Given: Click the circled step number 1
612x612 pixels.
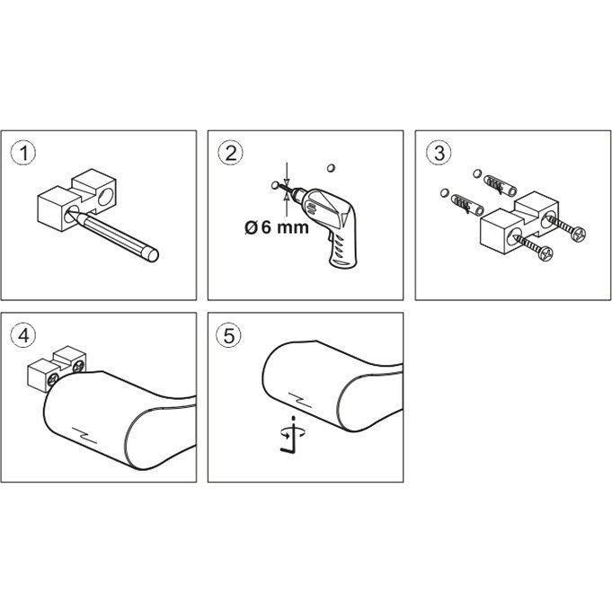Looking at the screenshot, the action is pos(23,153).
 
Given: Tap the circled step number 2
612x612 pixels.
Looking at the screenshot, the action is pos(231,153).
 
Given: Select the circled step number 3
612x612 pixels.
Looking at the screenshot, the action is pos(439,153).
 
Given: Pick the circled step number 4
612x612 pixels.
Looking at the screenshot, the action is pos(23,335).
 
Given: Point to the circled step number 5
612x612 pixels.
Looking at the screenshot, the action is pos(229,335).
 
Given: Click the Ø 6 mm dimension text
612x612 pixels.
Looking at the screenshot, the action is pos(277,227).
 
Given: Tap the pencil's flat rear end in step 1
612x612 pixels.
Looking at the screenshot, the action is pos(152,255).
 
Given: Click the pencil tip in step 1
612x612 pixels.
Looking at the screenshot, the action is pos(70,212).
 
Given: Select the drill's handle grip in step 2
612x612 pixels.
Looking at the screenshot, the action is pos(342,250).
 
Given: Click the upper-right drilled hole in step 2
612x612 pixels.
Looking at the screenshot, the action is pos(331,168).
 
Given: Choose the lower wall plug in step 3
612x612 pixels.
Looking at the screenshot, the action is pos(467,204).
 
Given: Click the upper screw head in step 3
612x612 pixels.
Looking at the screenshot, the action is pos(578,234).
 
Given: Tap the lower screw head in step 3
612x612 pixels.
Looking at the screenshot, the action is pos(545,253).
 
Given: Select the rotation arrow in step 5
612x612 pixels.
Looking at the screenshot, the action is pos(294,431).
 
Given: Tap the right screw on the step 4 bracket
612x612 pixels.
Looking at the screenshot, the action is pos(78,366).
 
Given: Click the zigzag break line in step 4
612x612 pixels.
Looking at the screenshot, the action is pos(84,435).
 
